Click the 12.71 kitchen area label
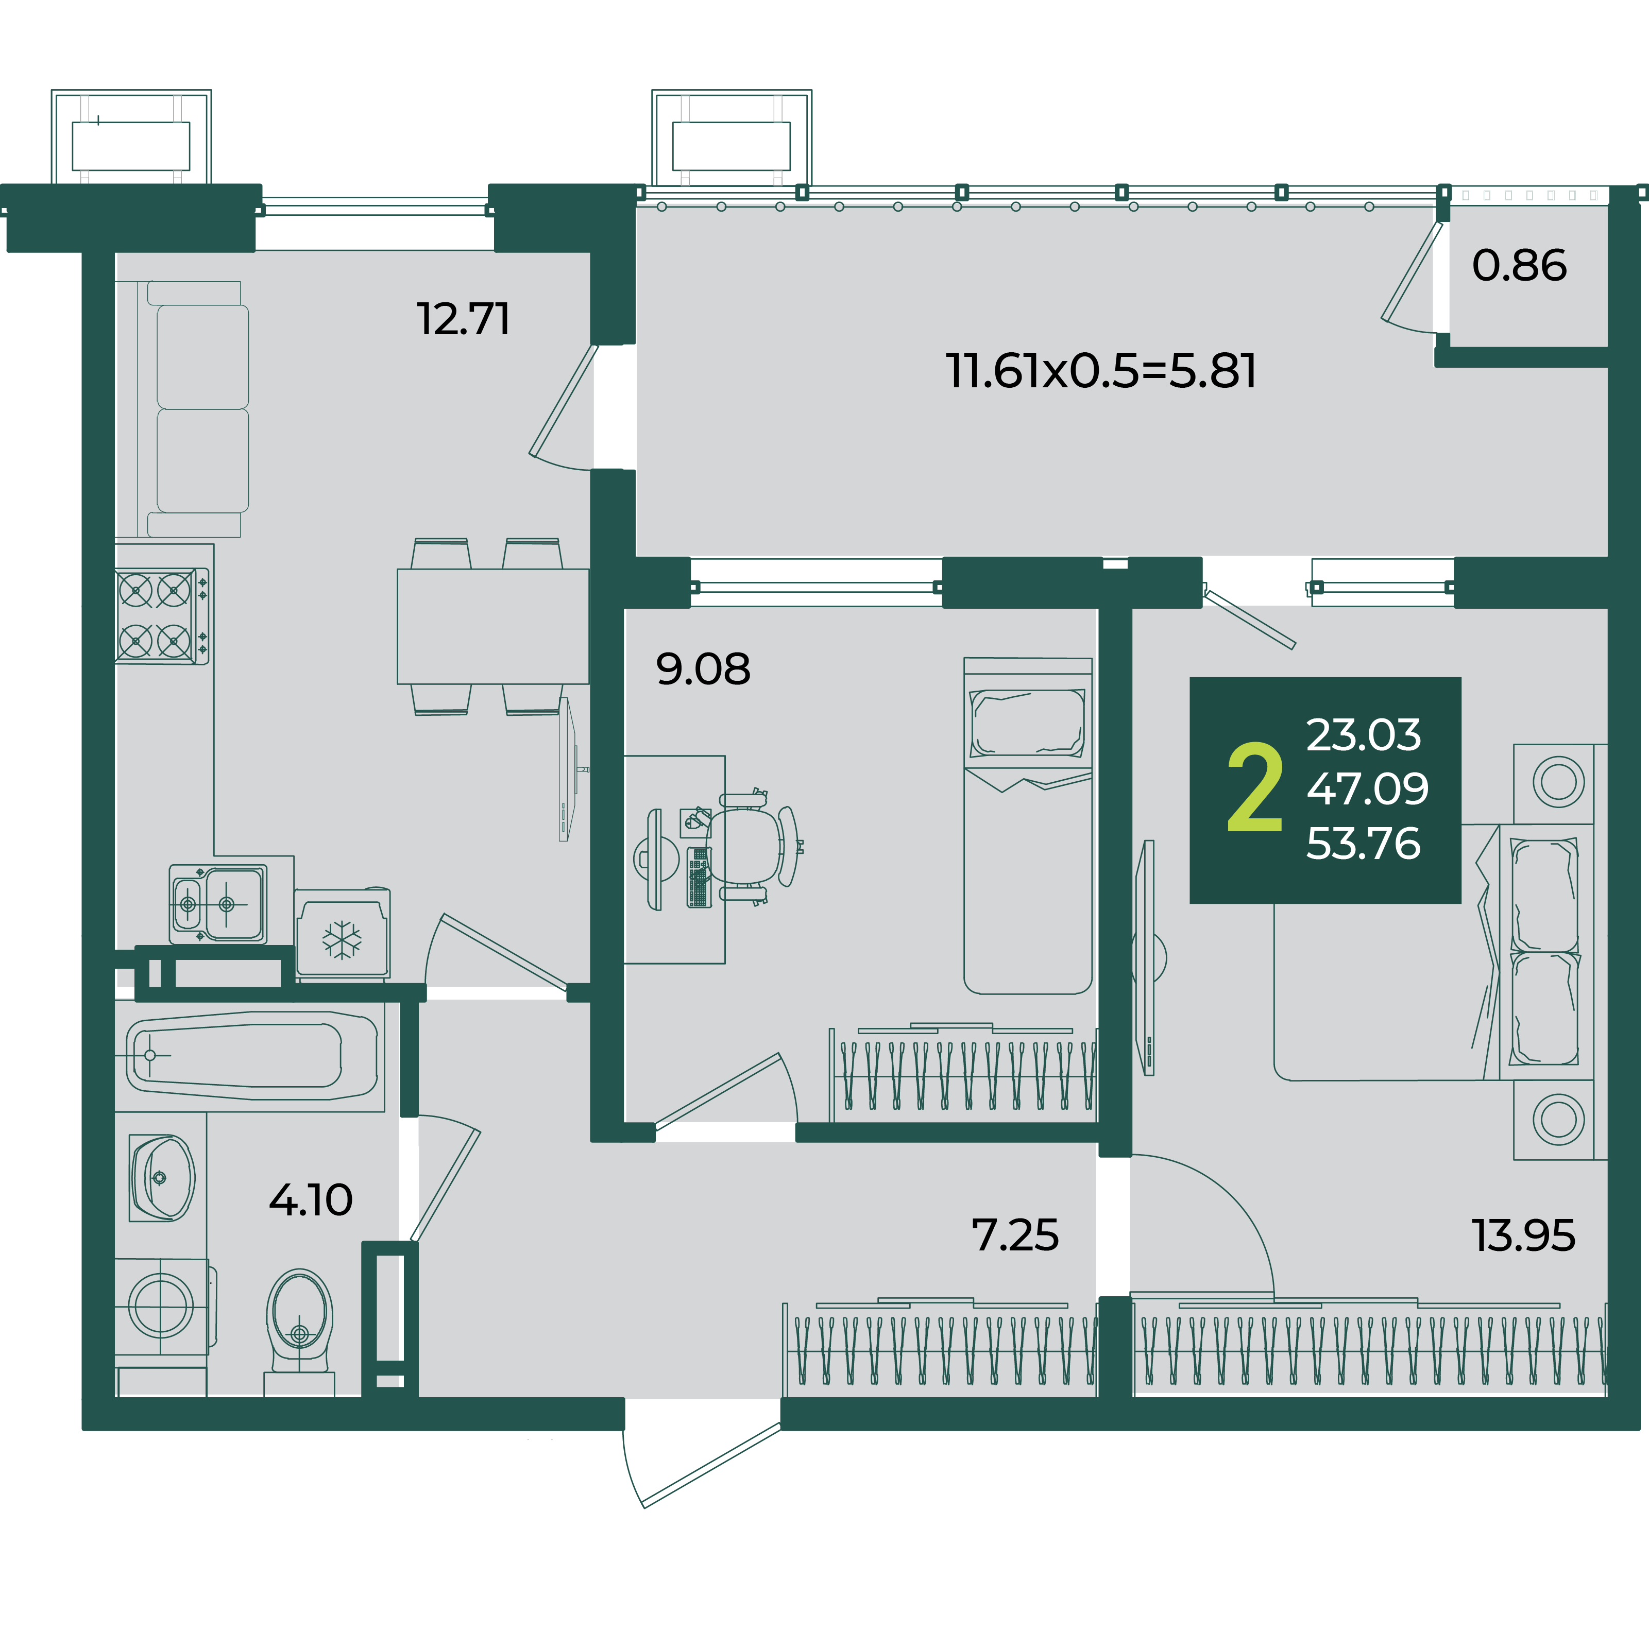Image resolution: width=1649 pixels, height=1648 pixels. pos(464,319)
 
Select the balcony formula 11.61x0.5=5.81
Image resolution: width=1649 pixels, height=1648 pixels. pos(1101,371)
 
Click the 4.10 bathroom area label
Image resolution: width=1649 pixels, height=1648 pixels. pos(311,1200)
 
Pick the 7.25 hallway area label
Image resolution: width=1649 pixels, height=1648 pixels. pos(1016,1235)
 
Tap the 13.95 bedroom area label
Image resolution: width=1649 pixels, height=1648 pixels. pos(1523,1235)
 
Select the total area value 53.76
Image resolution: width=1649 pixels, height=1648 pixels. pos(1364,843)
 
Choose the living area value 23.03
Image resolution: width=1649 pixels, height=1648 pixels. pos(1364,735)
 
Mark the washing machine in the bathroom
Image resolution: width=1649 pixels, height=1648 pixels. pos(162,1306)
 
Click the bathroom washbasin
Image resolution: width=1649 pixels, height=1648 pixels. pos(162,1178)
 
